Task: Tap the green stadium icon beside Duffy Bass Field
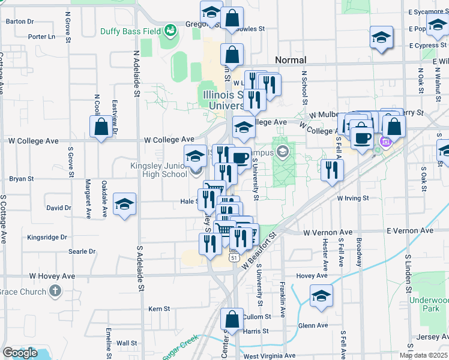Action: pyautogui.click(x=170, y=28)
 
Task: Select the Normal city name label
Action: pyautogui.click(x=291, y=60)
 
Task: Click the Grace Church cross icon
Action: pyautogui.click(x=55, y=292)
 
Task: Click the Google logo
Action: pyautogui.click(x=20, y=353)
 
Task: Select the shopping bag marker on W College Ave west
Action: pyautogui.click(x=101, y=127)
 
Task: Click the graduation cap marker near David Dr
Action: pyautogui.click(x=124, y=205)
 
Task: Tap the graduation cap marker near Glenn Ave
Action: pyautogui.click(x=321, y=296)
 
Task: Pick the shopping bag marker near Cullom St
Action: pyautogui.click(x=232, y=319)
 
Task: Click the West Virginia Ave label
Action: pyautogui.click(x=270, y=356)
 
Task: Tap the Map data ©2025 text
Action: pyautogui.click(x=423, y=355)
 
